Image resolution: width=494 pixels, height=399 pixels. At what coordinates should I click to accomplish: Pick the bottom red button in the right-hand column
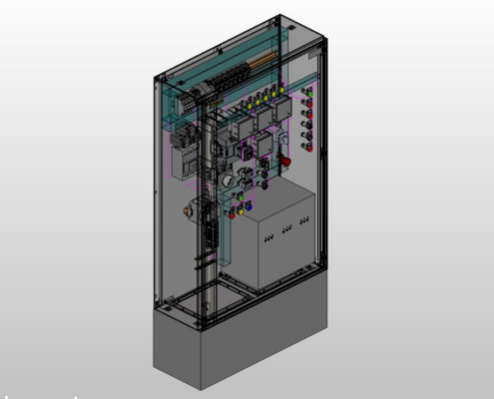[308, 146]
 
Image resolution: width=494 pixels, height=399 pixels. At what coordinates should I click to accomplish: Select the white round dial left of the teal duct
[226, 181]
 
